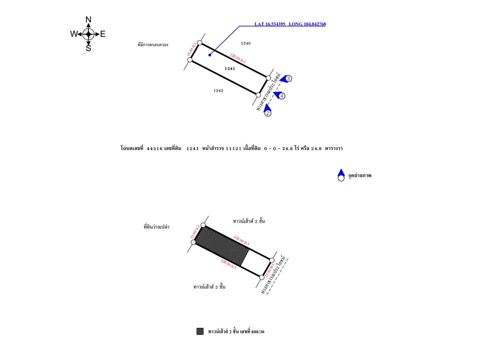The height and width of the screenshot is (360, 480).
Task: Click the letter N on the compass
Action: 88,20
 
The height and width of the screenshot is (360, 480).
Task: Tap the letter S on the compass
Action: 88,48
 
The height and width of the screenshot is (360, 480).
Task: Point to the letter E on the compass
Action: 103,34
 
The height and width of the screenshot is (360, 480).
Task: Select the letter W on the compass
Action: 73,34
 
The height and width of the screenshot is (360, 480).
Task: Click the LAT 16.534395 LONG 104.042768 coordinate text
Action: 290,24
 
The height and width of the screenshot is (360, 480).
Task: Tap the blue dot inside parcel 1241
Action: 209,54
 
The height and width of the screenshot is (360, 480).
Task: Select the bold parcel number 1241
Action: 230,68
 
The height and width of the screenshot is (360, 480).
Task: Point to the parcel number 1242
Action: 218,90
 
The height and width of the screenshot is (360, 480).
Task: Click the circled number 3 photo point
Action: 289,78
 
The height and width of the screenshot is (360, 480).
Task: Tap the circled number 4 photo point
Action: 282,95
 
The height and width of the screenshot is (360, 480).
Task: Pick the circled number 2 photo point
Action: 268,113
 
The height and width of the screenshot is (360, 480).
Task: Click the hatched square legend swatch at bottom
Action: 200,331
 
